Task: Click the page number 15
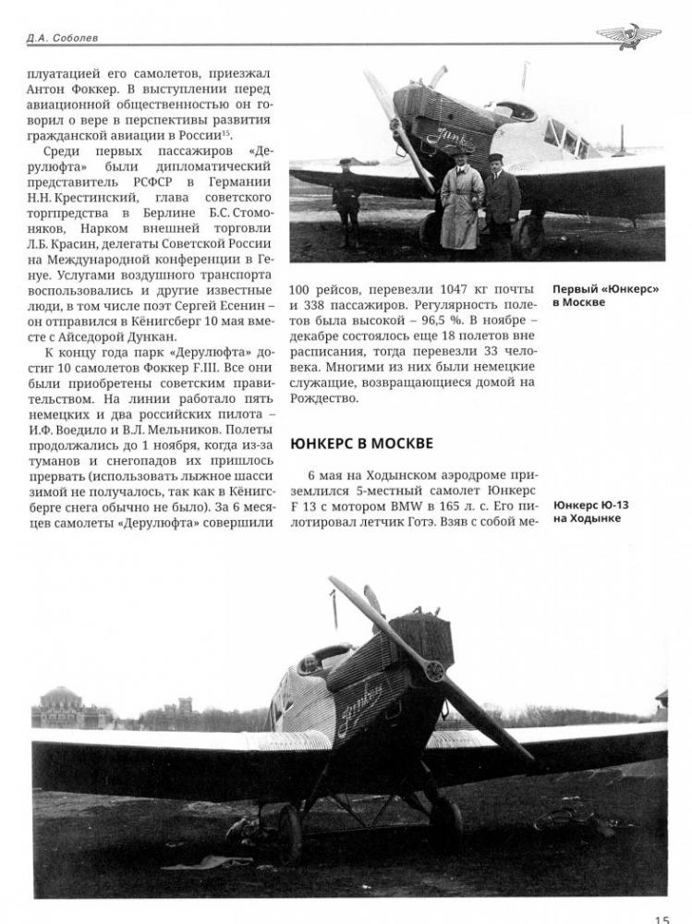(x=662, y=918)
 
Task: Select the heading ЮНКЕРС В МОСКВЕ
(x=361, y=444)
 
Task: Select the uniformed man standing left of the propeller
(x=347, y=201)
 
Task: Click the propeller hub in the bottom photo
(x=433, y=672)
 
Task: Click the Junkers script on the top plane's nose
(x=449, y=139)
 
